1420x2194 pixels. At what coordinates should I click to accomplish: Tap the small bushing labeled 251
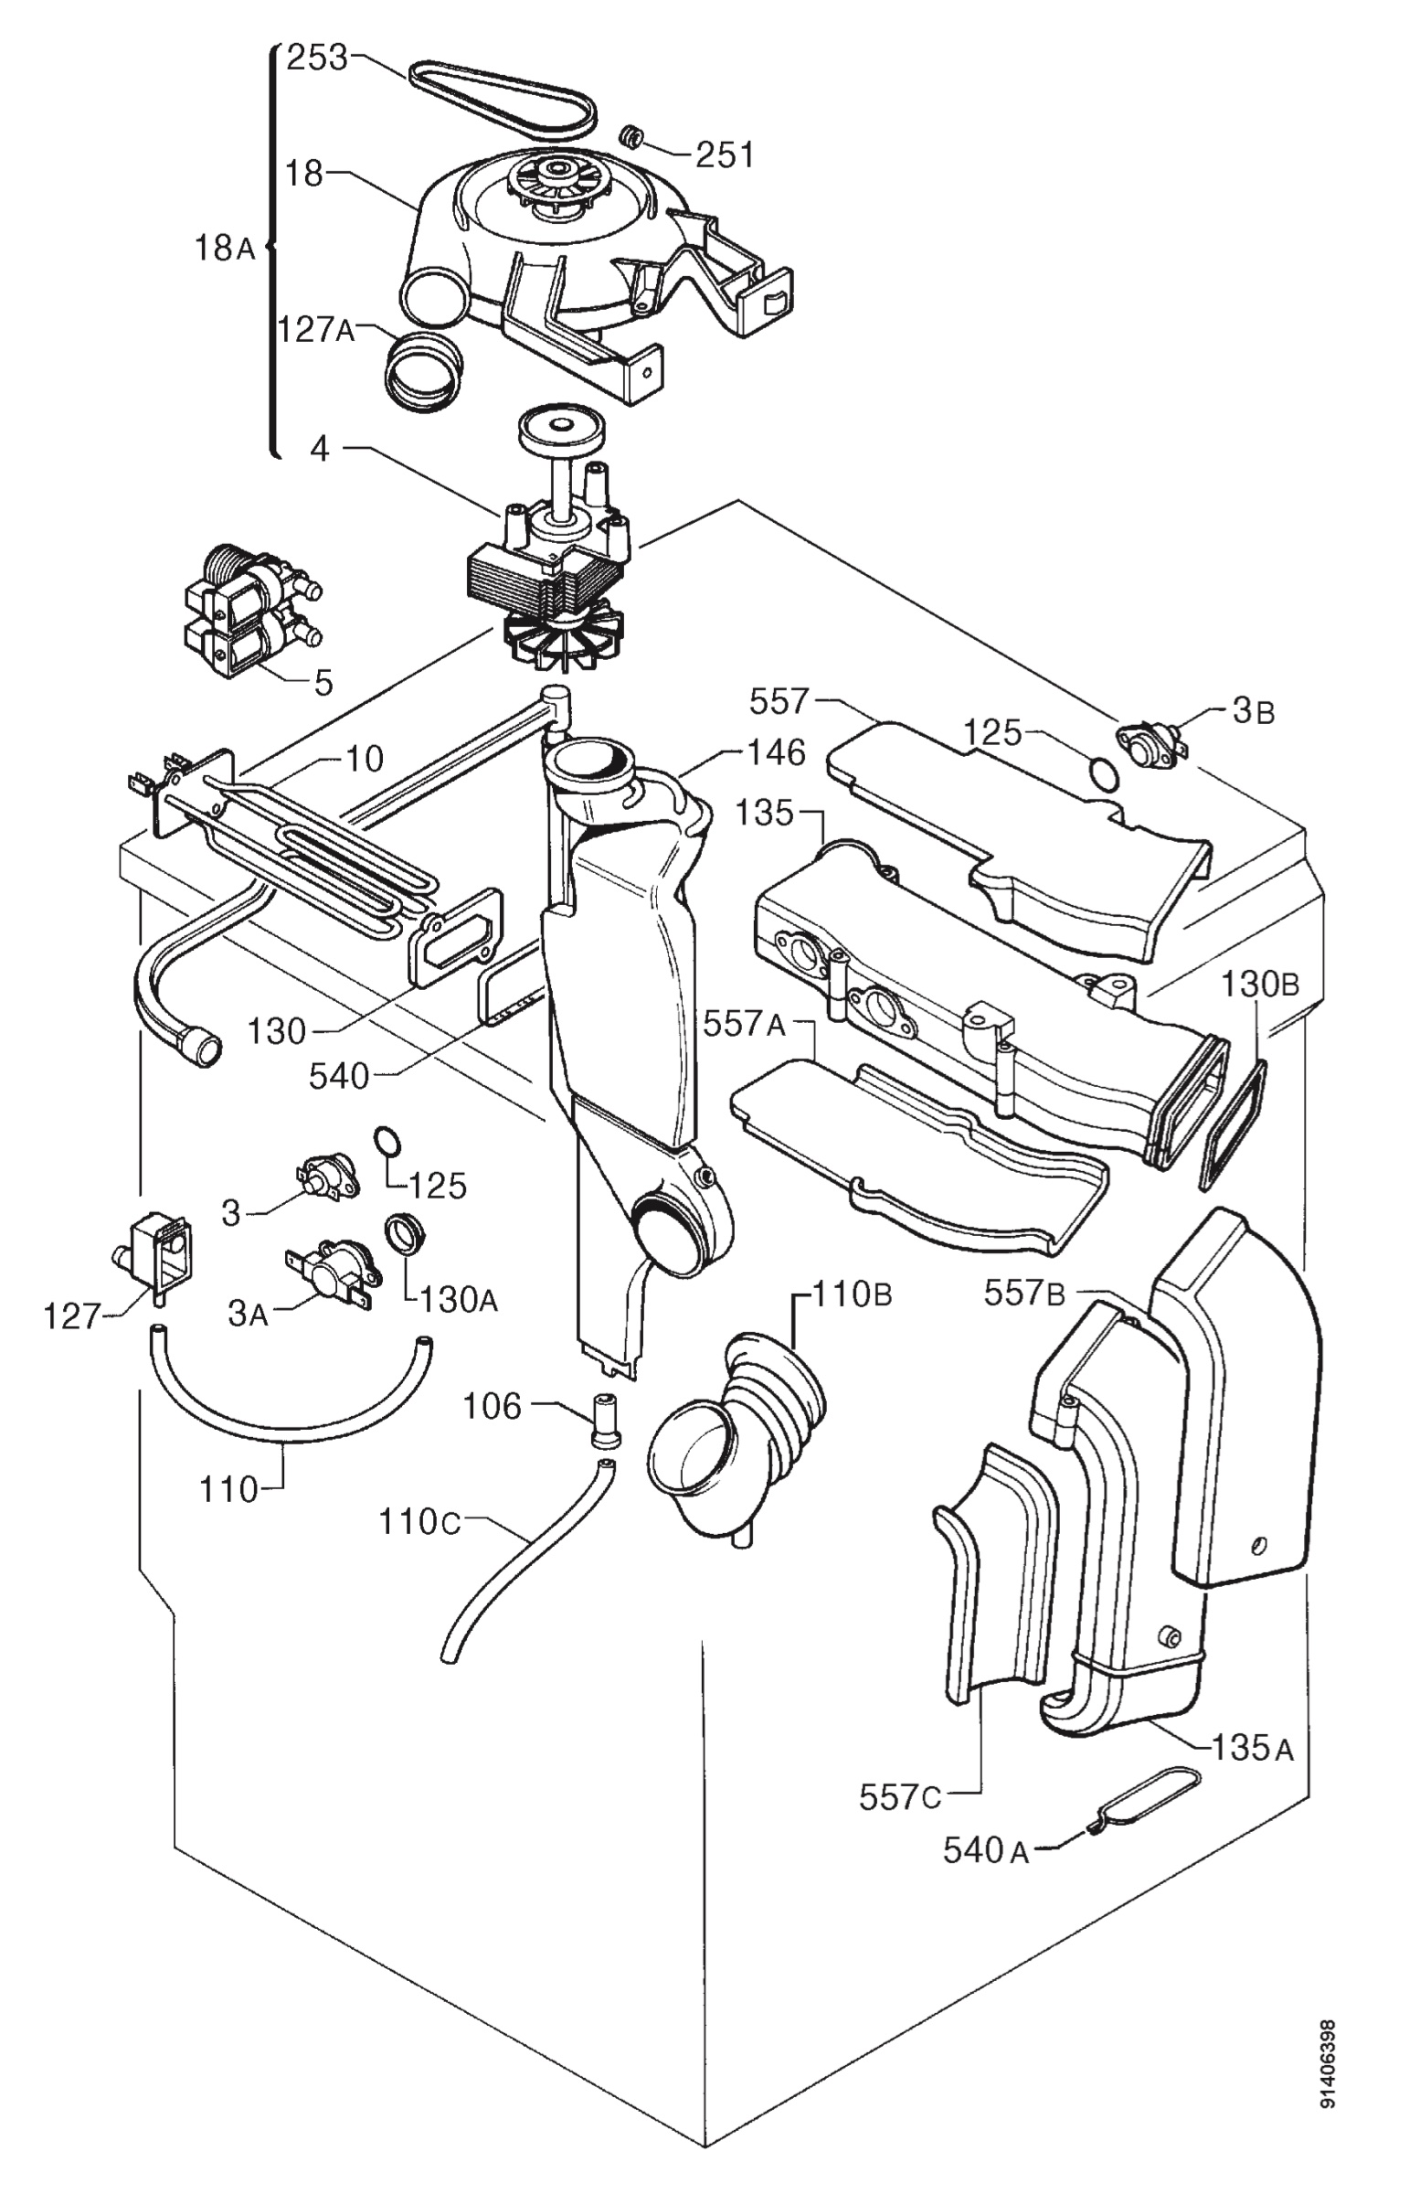coord(631,135)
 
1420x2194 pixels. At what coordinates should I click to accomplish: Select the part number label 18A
coord(224,248)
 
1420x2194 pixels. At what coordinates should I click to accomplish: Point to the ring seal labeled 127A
coord(422,372)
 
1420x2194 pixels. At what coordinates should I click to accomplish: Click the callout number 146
coord(777,753)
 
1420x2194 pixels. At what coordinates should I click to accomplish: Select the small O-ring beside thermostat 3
coord(388,1140)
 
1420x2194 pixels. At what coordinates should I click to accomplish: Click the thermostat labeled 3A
coord(331,1273)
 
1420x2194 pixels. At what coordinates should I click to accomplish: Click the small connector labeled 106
coord(603,1417)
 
